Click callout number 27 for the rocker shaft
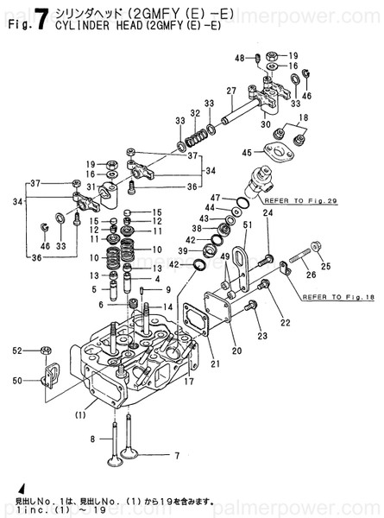pos(231,91)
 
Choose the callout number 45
pos(248,153)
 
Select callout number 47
pos(217,198)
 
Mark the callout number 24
pos(268,212)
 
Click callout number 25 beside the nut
pos(326,267)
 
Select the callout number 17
pos(189,381)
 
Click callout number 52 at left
pos(17,350)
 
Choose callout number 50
pos(17,380)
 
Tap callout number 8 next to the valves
pos(93,439)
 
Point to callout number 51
pos(246,225)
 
